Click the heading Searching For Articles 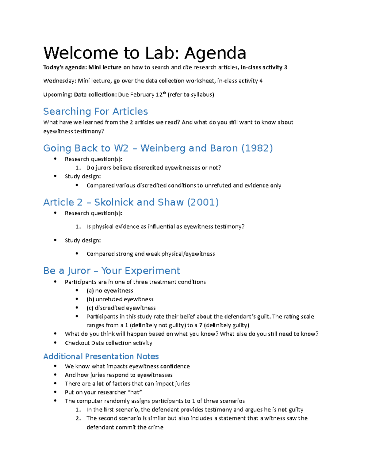click(x=95, y=111)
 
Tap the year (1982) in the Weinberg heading click(x=257, y=148)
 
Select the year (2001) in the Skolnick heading click(x=203, y=202)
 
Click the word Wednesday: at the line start click(x=59, y=81)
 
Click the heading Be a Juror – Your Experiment click(x=112, y=271)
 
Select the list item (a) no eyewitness click(x=110, y=291)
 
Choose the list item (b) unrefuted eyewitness click(x=120, y=299)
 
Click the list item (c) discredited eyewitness click(x=121, y=308)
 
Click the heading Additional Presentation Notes click(x=101, y=356)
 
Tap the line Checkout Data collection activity click(x=108, y=343)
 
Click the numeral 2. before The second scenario click(x=78, y=418)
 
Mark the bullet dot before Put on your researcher click(x=55, y=392)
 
